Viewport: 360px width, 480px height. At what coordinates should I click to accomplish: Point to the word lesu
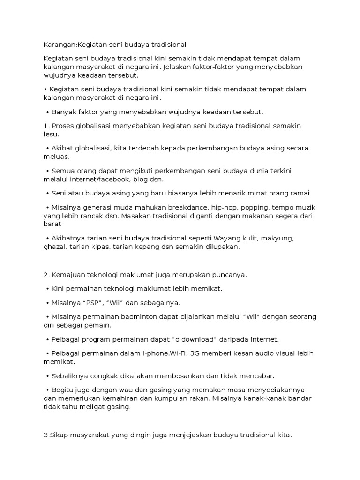tap(50, 134)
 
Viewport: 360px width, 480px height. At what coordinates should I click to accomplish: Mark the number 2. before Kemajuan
tap(46, 275)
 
